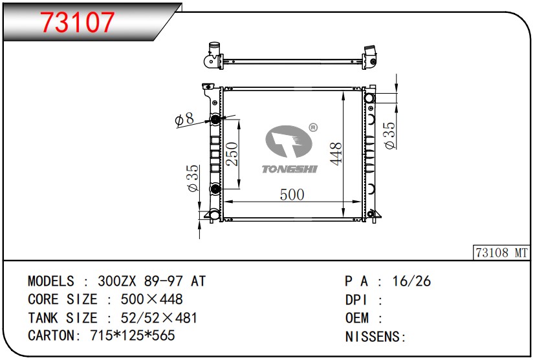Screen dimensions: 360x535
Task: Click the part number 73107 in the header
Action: point(78,23)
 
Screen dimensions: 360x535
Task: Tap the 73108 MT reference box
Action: point(501,253)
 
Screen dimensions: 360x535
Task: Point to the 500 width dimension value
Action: point(292,194)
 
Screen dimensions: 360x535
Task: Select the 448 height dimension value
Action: point(334,154)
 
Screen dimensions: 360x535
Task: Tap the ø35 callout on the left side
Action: point(192,178)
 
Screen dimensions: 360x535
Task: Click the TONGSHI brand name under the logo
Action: point(290,169)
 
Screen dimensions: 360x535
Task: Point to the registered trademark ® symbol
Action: point(312,127)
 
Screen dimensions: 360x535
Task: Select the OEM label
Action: point(357,318)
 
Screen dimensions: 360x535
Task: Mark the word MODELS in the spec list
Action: point(51,281)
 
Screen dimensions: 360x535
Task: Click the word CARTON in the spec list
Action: point(51,336)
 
